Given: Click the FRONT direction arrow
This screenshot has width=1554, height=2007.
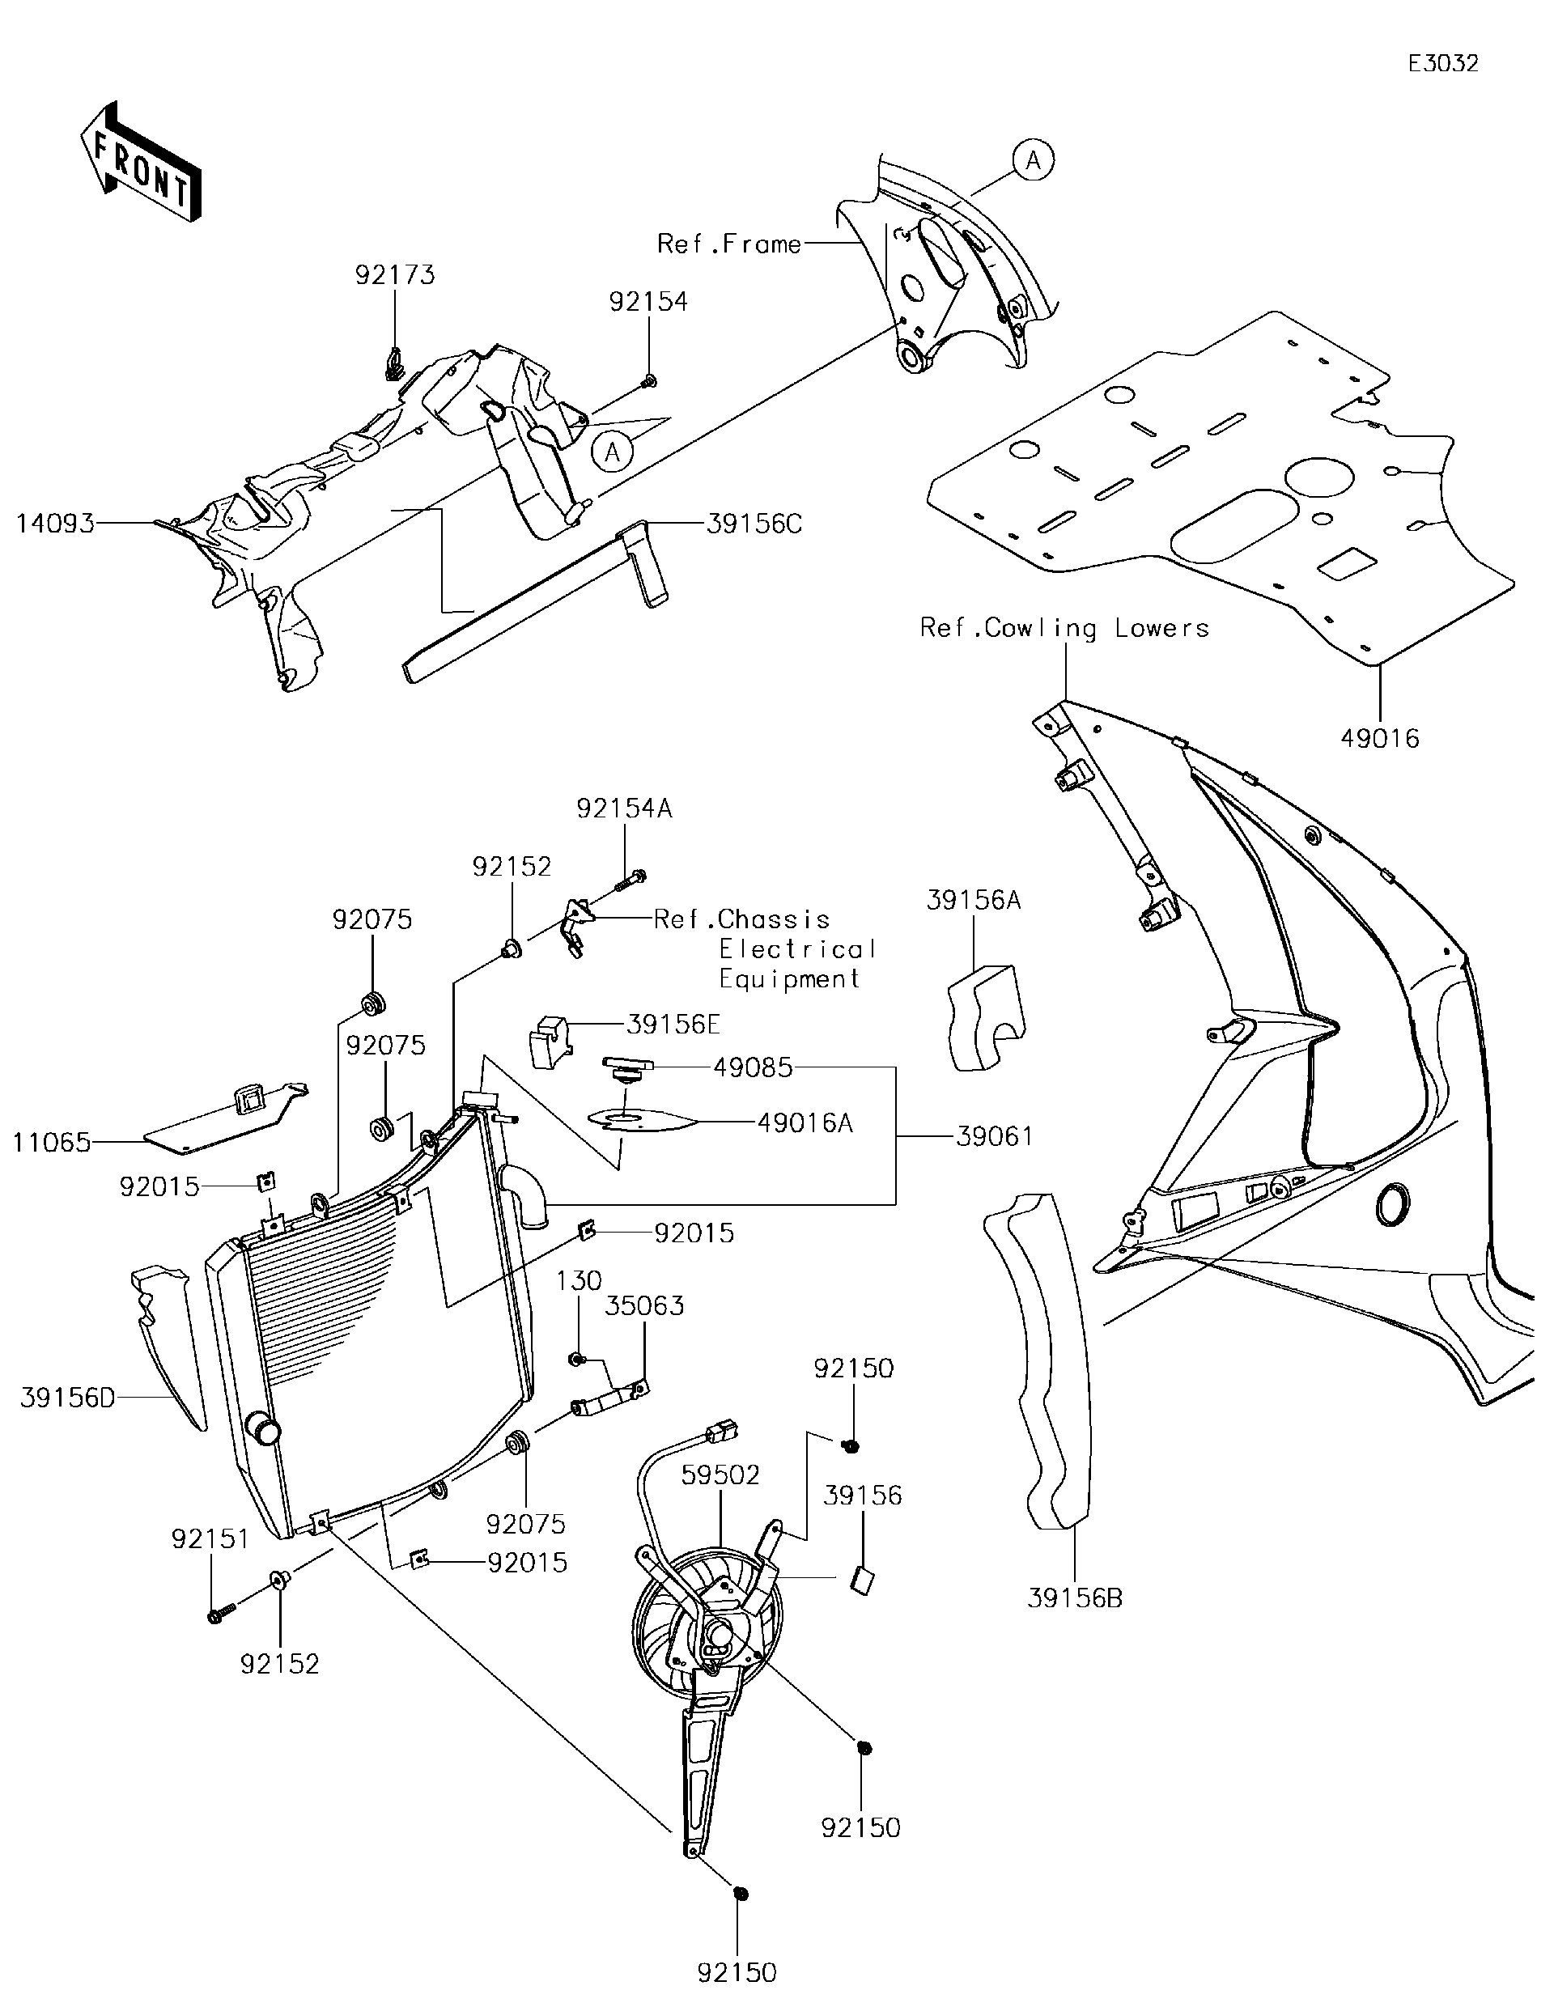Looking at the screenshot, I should [x=141, y=163].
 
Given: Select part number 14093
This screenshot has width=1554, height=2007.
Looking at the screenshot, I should [x=55, y=524].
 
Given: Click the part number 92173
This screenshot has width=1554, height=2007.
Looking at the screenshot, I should [x=395, y=275].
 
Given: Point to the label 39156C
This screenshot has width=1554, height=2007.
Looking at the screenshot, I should [x=754, y=524].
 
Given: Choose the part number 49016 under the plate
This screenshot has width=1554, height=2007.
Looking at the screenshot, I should [x=1379, y=738].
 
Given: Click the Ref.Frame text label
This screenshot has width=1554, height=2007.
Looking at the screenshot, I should [x=728, y=244].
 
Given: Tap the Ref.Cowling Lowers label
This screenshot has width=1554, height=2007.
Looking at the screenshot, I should [x=1064, y=628].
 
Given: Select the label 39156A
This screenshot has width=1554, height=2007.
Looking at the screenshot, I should [x=973, y=901].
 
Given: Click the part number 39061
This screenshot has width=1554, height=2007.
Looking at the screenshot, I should [x=995, y=1137].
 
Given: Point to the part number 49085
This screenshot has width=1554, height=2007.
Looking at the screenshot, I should [x=753, y=1067].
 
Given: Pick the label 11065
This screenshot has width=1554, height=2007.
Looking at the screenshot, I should [x=53, y=1142].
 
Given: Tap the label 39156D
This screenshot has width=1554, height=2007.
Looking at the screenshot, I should [x=67, y=1398].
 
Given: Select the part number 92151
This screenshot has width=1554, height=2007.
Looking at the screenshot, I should [x=210, y=1538].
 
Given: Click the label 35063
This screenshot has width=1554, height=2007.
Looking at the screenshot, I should [x=644, y=1306].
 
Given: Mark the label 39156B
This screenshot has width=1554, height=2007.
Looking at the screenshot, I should [x=1074, y=1598].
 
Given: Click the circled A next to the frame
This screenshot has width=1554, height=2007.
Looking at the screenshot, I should [x=1033, y=161].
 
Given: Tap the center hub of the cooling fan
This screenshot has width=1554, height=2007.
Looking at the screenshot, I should [x=718, y=1633].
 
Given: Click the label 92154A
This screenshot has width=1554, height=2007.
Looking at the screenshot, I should [x=624, y=808].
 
